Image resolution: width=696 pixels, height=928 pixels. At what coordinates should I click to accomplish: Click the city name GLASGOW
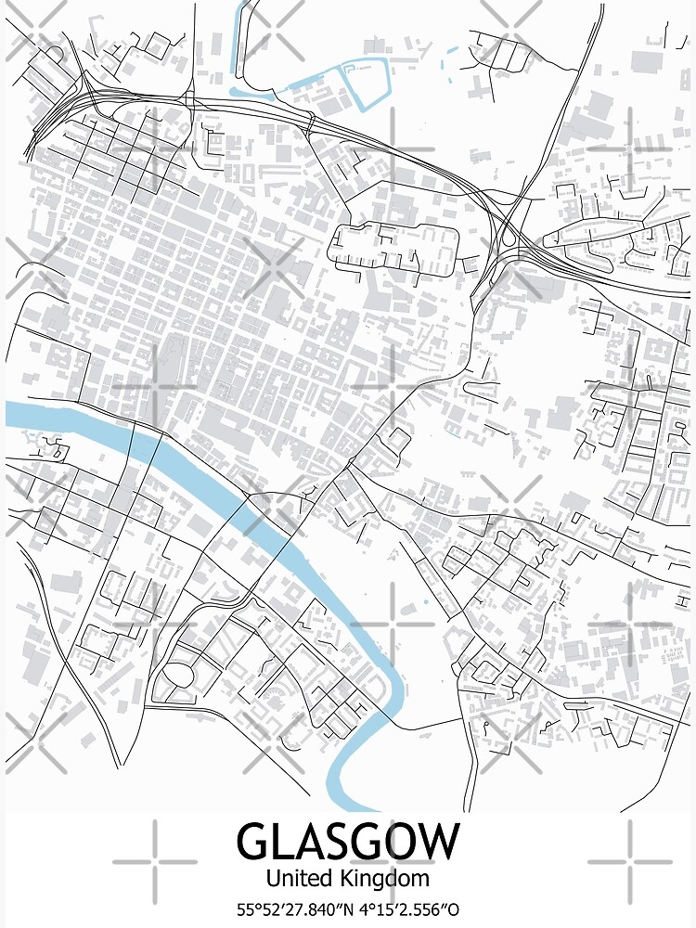coord(347,841)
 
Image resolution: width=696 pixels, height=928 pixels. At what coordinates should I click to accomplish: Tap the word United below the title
coord(296,877)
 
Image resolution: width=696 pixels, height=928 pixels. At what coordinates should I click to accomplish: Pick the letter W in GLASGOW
coord(436,841)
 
